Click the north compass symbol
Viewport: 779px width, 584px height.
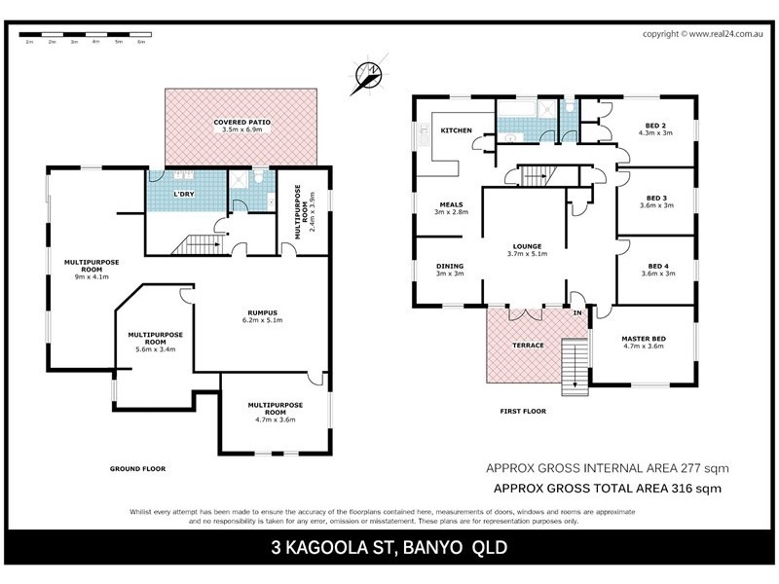click(x=368, y=74)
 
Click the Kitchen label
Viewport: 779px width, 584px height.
click(x=456, y=130)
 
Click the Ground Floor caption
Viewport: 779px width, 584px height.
click(x=134, y=469)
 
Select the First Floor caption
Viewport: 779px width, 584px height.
click(x=523, y=412)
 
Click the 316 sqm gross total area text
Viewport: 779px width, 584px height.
click(x=608, y=489)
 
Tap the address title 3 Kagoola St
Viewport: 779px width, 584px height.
click(x=389, y=548)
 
